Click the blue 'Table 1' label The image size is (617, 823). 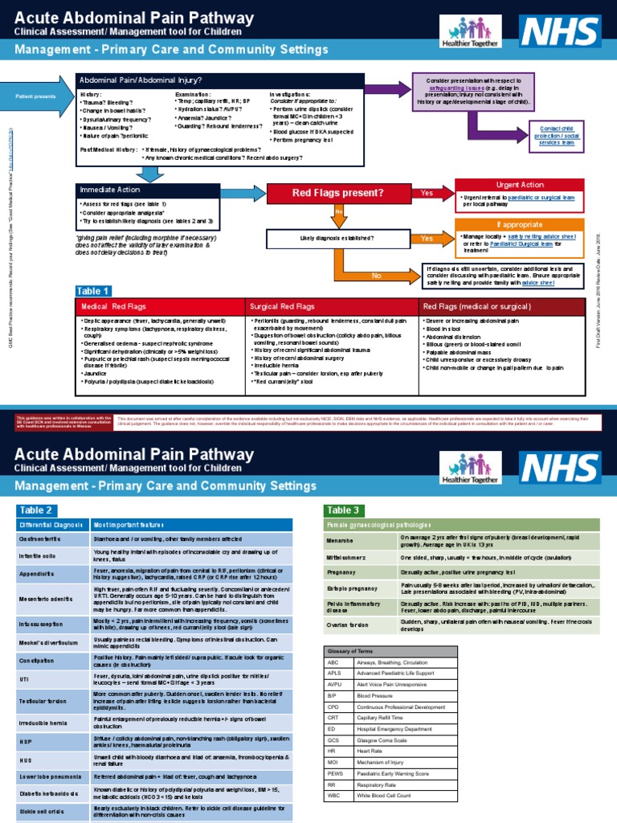[x=93, y=290]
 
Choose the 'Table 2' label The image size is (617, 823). [x=38, y=510]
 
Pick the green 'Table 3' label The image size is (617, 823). [x=345, y=510]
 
